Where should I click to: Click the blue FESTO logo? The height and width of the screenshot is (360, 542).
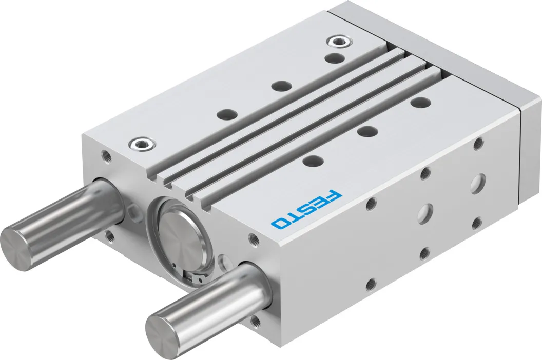click(306, 208)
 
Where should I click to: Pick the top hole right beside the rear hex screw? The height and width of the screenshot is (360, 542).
click(335, 58)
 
